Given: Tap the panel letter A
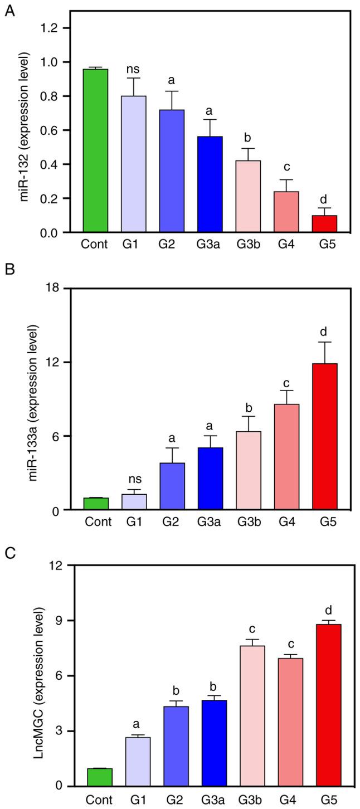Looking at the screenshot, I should [7, 11].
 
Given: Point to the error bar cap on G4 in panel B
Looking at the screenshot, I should [286, 391].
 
